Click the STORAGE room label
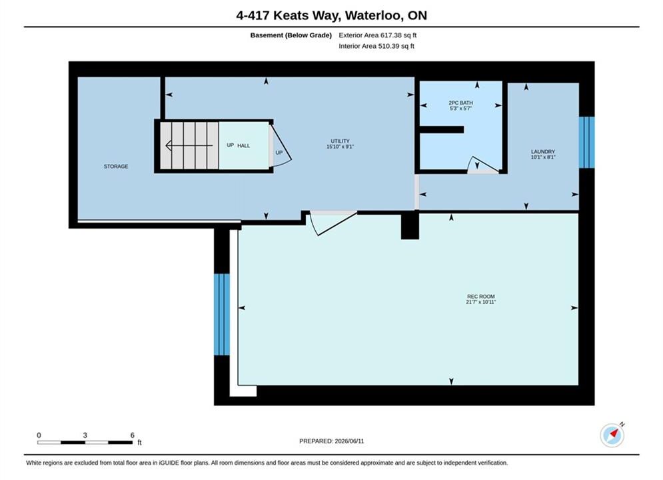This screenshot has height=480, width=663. point(116,166)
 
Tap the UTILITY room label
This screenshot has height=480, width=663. point(340,141)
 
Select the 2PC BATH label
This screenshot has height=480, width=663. point(460,103)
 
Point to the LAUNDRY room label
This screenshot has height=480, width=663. point(543,151)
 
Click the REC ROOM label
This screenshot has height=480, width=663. point(481,297)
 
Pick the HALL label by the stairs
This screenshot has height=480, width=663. point(244,145)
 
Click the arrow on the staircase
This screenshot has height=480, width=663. point(189,146)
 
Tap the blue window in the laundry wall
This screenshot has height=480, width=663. point(586,142)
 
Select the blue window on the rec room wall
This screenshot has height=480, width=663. point(222,315)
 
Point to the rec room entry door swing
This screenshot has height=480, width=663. point(333,223)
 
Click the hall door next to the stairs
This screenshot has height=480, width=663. point(280,145)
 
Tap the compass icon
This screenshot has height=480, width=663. point(612,435)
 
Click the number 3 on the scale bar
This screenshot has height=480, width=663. point(85,435)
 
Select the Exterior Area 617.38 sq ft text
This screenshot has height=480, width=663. point(378,35)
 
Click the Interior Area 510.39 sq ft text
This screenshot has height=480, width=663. point(376,46)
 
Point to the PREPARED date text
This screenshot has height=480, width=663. point(332,441)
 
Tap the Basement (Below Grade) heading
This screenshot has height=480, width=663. point(291,35)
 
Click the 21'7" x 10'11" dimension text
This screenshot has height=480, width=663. point(481,302)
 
